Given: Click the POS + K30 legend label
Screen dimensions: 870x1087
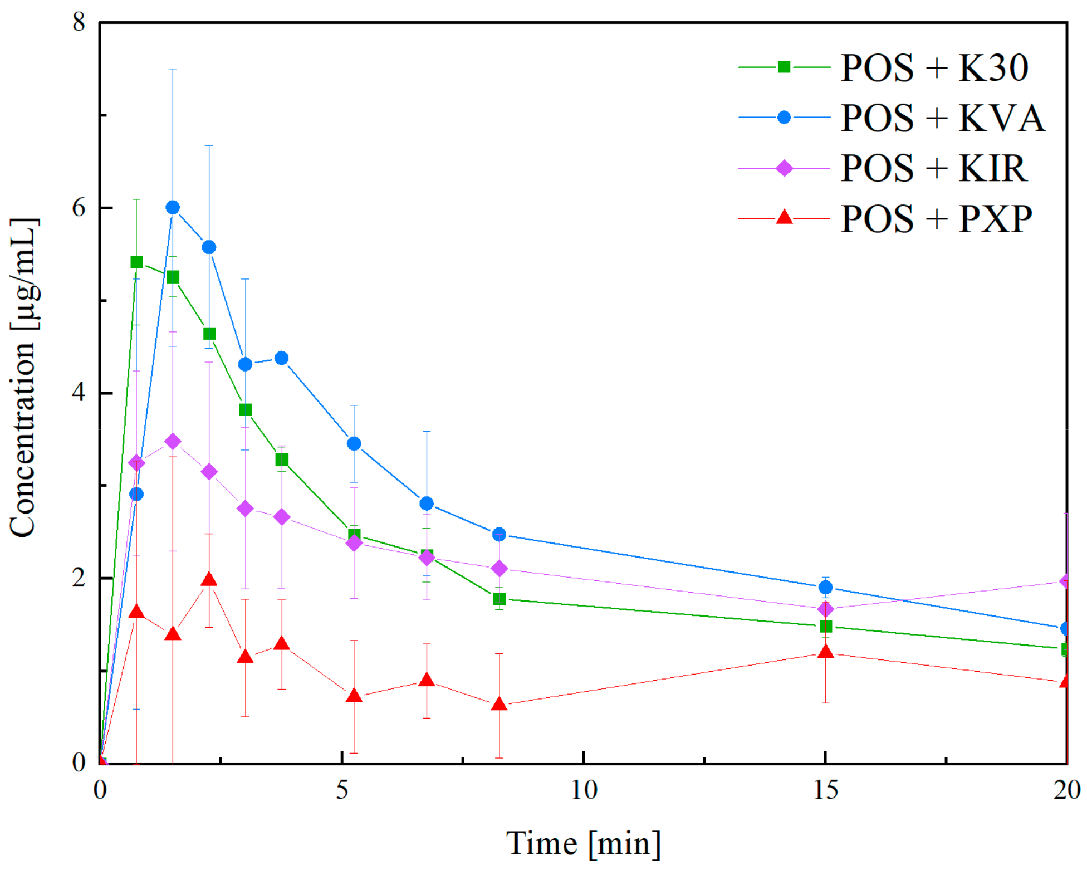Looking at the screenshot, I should pyautogui.click(x=934, y=68).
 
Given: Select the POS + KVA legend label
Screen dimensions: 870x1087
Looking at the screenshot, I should pyautogui.click(x=942, y=118).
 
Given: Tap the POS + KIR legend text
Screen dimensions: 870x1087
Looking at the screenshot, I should pyautogui.click(x=933, y=168).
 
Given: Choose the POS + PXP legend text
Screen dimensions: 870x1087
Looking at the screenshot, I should pyautogui.click(x=936, y=218).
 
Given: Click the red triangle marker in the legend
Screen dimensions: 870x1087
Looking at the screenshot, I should pyautogui.click(x=784, y=217).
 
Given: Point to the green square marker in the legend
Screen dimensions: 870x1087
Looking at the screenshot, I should pyautogui.click(x=784, y=67).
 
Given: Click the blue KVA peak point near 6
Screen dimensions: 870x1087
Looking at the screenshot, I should pyautogui.click(x=173, y=207).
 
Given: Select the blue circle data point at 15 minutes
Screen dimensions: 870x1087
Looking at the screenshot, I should pyautogui.click(x=825, y=587).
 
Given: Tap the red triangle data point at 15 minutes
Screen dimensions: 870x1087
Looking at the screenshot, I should pyautogui.click(x=825, y=652).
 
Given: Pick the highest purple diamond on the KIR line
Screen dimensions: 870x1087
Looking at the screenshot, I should pyautogui.click(x=173, y=442).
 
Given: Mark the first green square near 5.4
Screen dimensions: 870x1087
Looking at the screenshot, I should pyautogui.click(x=136, y=262).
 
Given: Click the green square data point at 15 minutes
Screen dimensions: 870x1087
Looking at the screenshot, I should pyautogui.click(x=825, y=626).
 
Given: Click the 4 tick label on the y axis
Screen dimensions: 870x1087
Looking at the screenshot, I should pyautogui.click(x=79, y=393).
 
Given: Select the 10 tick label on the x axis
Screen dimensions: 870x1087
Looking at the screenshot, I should pyautogui.click(x=584, y=790).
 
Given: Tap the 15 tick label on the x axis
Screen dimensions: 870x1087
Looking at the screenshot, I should pyautogui.click(x=825, y=790).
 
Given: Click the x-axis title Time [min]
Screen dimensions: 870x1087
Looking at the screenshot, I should pyautogui.click(x=583, y=843).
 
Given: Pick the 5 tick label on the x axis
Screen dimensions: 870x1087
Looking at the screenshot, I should pyautogui.click(x=342, y=790).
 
